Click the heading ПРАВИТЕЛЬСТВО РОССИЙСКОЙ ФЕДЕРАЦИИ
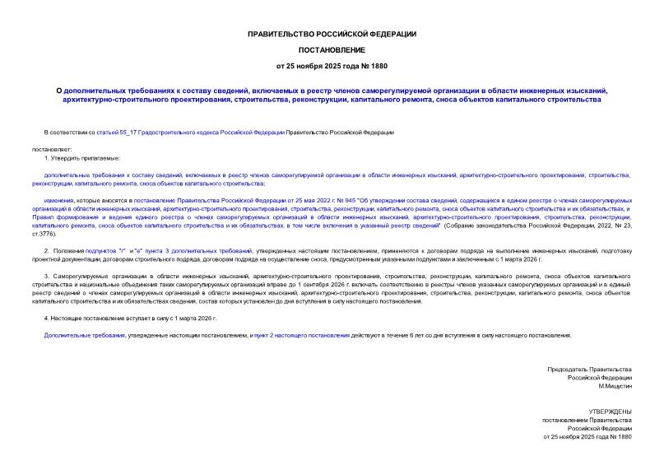(332, 34)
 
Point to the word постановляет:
(52, 148)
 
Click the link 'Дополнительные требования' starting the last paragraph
(85, 335)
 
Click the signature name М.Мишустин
(615, 386)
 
